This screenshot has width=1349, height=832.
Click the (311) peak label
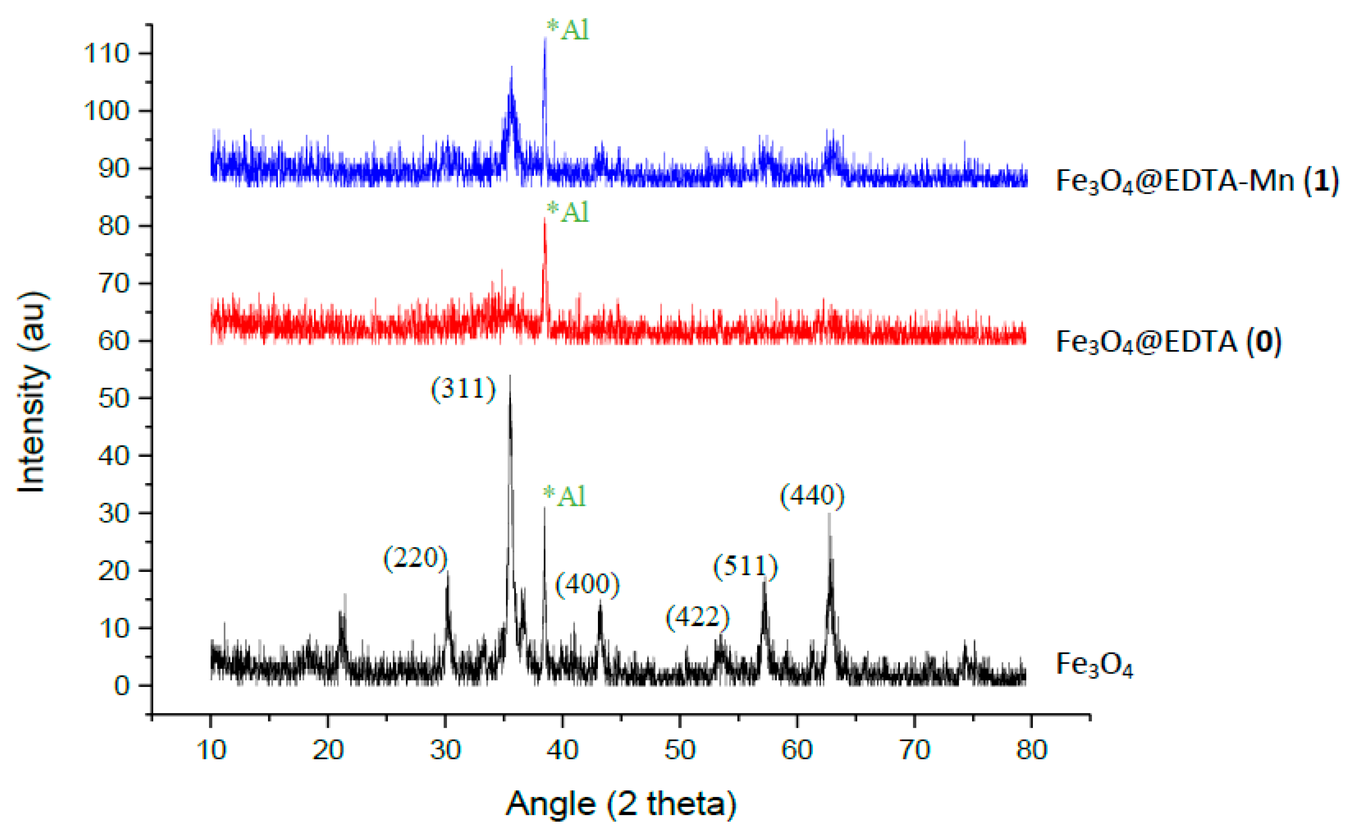click(463, 389)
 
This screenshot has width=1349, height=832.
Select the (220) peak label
click(415, 559)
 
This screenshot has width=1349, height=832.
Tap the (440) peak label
click(812, 496)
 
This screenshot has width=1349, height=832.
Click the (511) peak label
click(745, 566)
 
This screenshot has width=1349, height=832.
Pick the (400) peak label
click(587, 585)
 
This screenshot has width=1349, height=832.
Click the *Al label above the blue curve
click(568, 30)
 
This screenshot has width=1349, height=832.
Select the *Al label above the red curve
click(568, 212)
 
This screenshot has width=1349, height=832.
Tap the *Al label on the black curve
click(565, 496)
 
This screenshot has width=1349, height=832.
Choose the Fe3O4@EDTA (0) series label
click(1169, 342)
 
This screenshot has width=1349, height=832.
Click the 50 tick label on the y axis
click(113, 398)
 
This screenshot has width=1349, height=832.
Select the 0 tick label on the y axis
click(122, 686)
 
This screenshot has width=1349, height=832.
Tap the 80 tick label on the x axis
click(1031, 750)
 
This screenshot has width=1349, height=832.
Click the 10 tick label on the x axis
click(211, 750)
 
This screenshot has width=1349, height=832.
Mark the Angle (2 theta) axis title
click(620, 804)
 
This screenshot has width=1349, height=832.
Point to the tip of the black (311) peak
click(510, 376)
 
